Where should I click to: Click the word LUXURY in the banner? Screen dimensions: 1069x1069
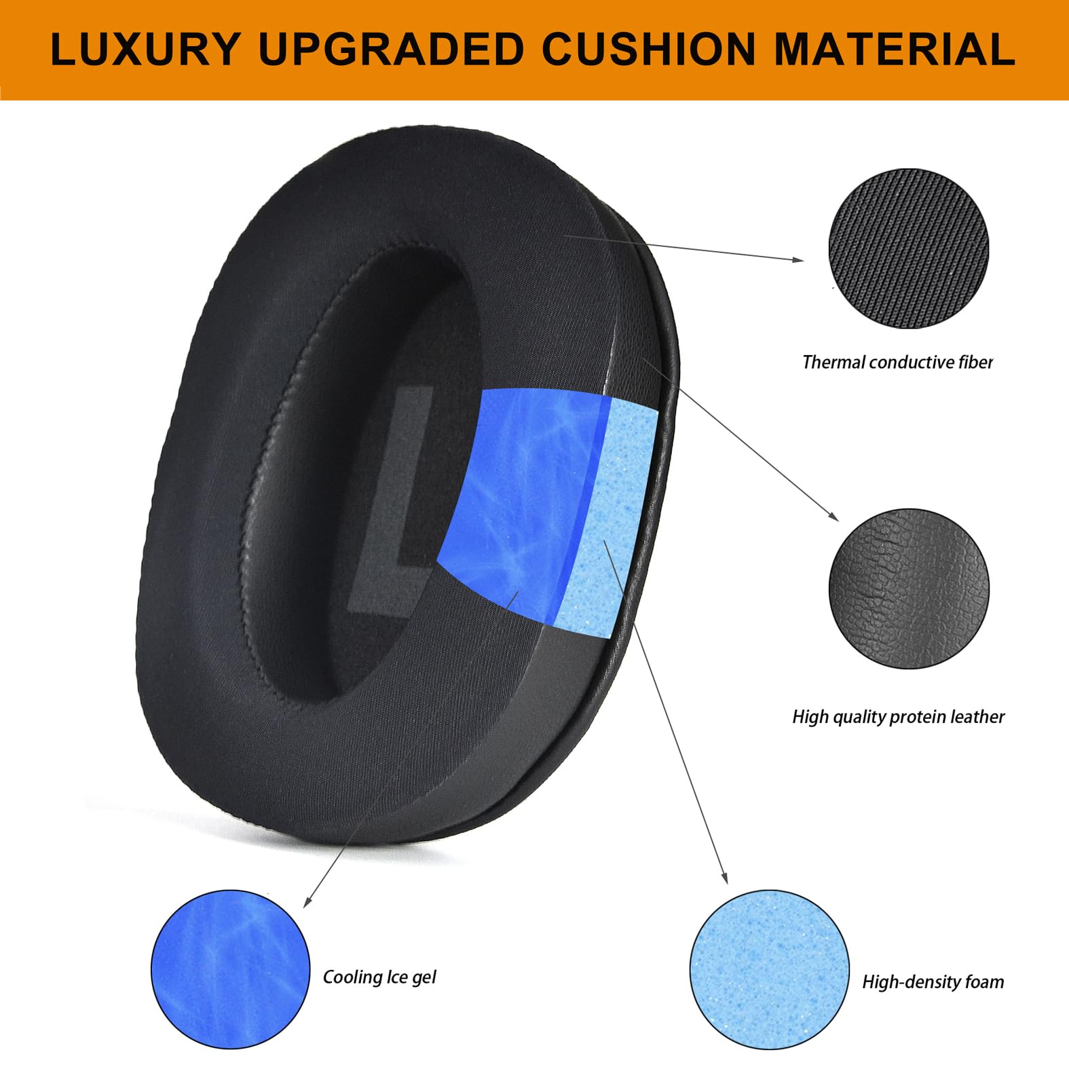tap(145, 50)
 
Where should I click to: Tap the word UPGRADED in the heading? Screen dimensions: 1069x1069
tap(391, 50)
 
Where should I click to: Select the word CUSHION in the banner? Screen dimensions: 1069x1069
tap(649, 50)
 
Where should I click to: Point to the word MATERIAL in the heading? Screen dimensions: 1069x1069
tap(895, 50)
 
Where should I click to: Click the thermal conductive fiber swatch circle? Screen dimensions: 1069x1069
tap(909, 248)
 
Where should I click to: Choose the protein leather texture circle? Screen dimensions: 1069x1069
tap(909, 588)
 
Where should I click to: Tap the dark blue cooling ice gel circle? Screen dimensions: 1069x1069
tap(230, 969)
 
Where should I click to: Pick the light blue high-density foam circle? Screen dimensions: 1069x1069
tap(769, 969)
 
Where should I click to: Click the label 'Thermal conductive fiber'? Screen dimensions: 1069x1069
tap(897, 362)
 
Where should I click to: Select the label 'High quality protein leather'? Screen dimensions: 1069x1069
tap(898, 717)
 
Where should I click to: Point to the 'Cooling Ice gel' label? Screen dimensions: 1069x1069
tap(379, 977)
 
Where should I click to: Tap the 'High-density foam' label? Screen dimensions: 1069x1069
tap(933, 982)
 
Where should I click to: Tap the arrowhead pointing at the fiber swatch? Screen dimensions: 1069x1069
tap(798, 259)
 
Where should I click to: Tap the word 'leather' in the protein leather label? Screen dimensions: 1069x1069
tap(977, 717)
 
